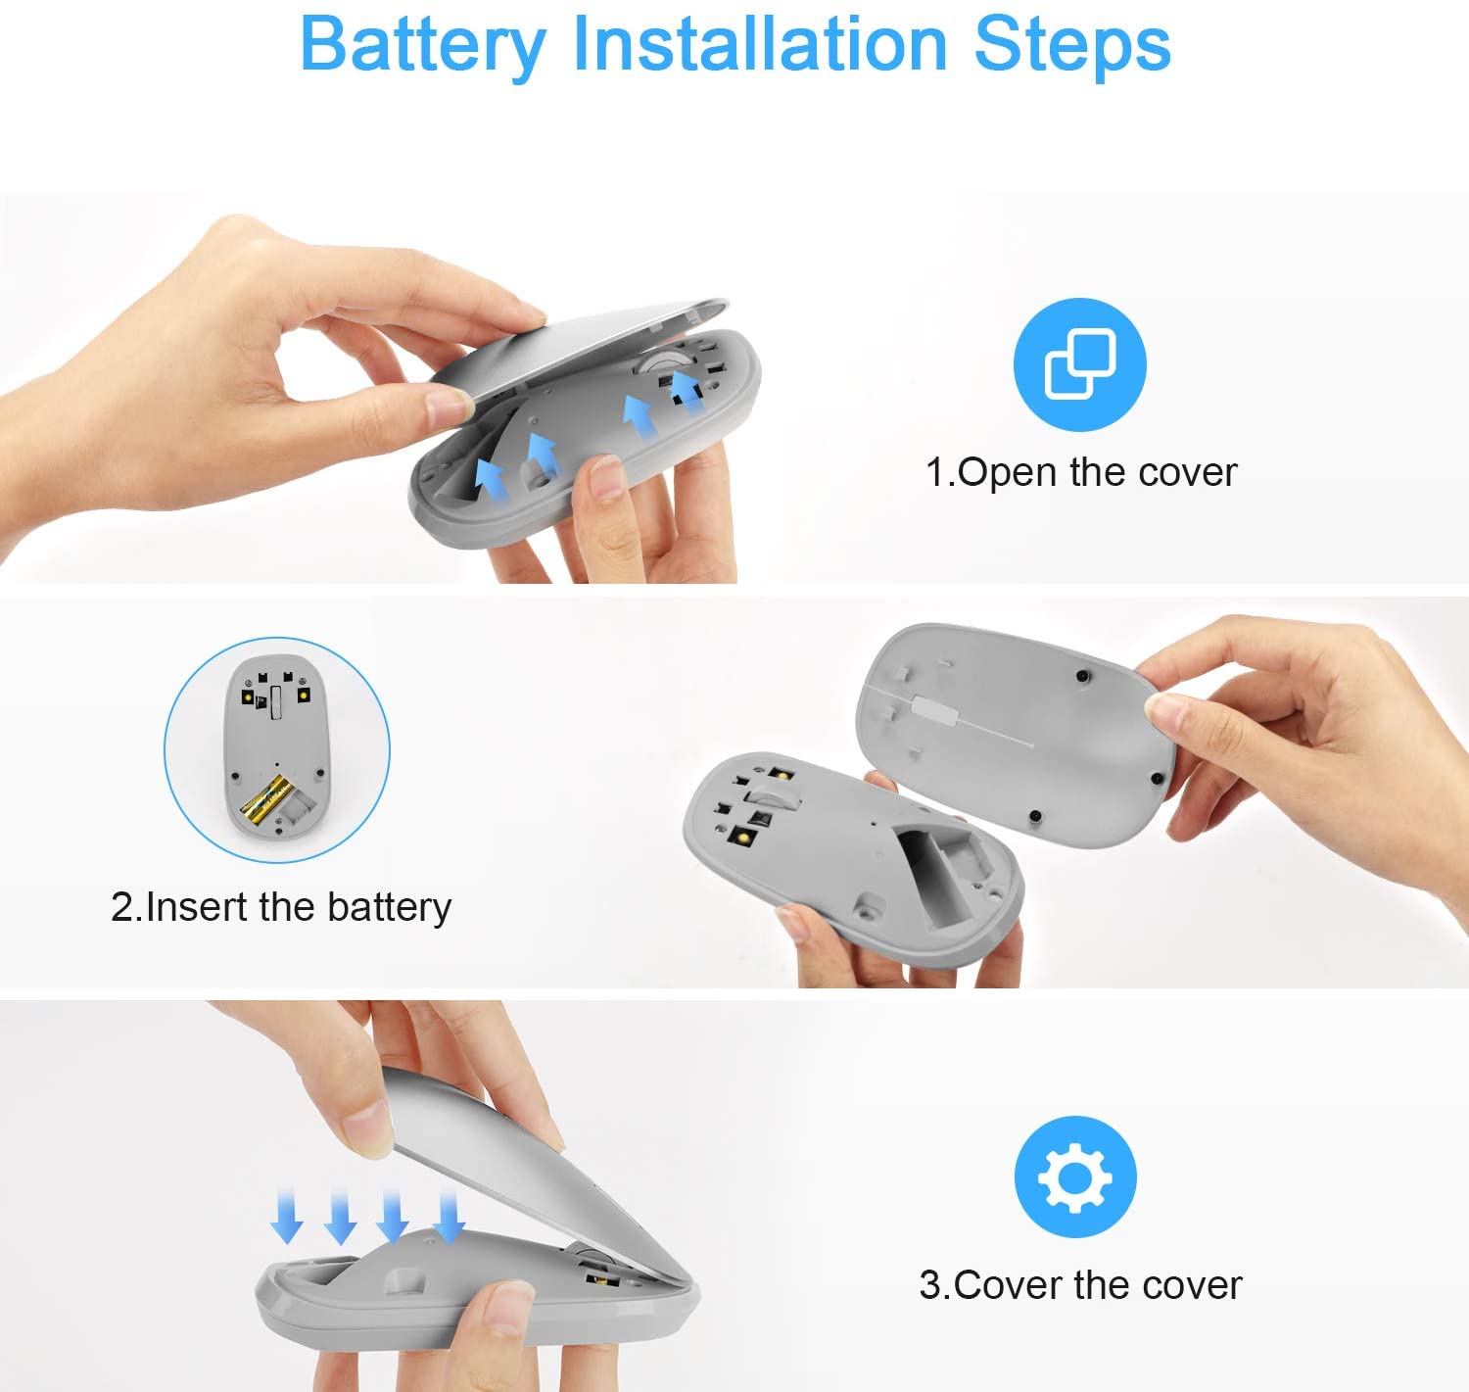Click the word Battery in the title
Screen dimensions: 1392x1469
pos(422,45)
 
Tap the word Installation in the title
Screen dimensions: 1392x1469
pos(759,45)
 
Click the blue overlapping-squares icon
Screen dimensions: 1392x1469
pos(1079,364)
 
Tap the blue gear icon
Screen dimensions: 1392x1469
pos(1075,1176)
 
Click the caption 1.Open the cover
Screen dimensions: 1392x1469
pos(1080,472)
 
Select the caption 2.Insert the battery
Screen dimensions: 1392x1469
pos(281,907)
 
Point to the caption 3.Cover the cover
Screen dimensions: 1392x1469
pos(1079,1284)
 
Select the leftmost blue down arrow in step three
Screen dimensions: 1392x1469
pos(287,1215)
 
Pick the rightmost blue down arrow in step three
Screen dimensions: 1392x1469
pos(450,1215)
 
